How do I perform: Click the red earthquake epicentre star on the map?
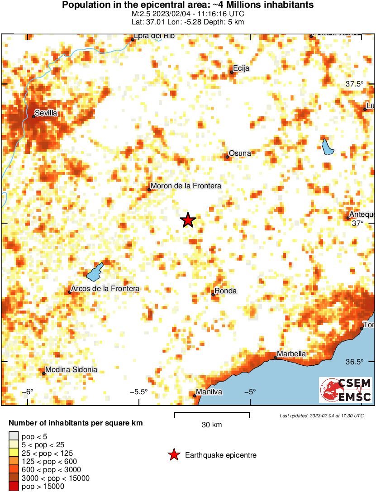(188, 220)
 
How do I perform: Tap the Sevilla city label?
(46, 113)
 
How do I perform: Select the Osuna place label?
(240, 153)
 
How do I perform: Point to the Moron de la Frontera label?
(186, 186)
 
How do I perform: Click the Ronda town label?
(226, 291)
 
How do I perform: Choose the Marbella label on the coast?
(291, 354)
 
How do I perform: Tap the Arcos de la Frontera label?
(105, 289)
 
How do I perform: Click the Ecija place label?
(241, 69)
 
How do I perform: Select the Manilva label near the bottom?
(209, 392)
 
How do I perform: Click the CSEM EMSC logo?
(346, 390)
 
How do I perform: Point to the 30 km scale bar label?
(212, 425)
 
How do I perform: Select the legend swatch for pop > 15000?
(13, 487)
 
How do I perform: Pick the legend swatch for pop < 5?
(13, 437)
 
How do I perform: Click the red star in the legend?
(173, 455)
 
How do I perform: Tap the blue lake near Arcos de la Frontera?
(95, 272)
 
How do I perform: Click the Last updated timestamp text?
(321, 416)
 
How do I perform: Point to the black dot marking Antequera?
(348, 218)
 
